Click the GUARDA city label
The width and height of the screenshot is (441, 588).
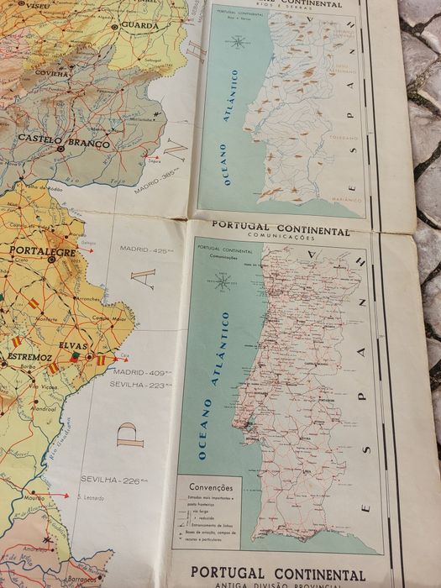139,24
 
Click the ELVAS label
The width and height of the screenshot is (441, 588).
74,344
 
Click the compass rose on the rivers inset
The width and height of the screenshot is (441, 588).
239,42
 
